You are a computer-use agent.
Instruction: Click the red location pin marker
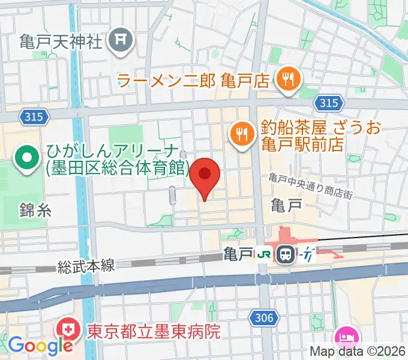coord(205,175)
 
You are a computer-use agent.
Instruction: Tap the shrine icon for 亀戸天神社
coord(121,40)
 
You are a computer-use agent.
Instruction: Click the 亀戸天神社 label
coord(61,41)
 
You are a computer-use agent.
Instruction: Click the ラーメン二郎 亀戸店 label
coord(193,80)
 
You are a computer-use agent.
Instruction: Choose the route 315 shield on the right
coord(328,103)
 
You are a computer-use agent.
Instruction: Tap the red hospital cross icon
coord(66,331)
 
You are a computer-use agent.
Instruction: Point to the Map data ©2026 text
coord(358,352)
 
